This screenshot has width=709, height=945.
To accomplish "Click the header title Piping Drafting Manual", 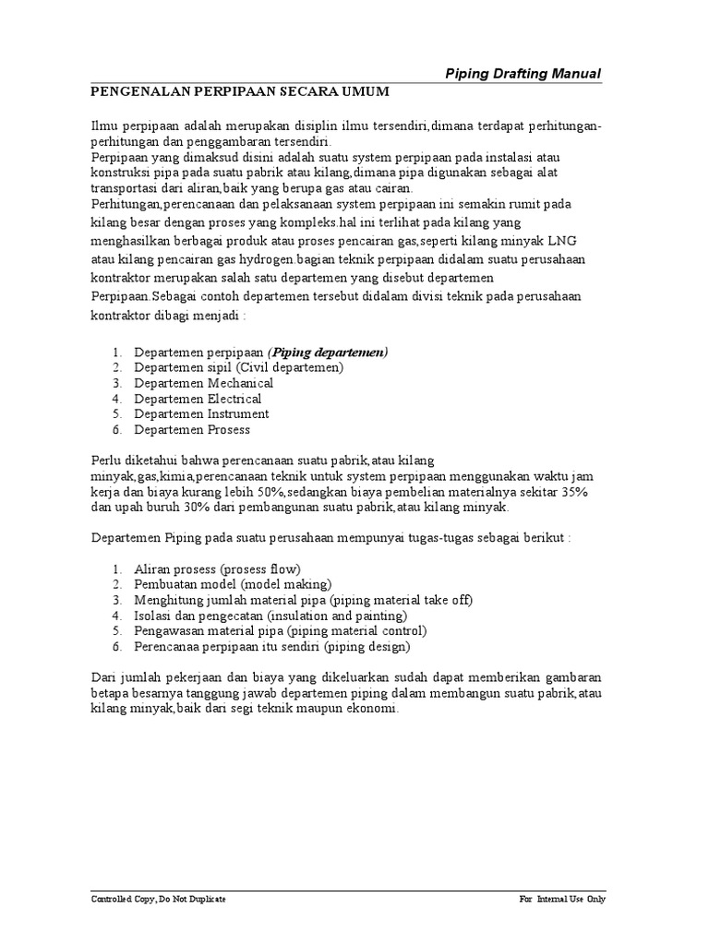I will click(x=523, y=74).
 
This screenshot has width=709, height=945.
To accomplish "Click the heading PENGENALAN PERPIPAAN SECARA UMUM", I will click(x=239, y=92).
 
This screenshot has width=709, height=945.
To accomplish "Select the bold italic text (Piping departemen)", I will click(x=328, y=352).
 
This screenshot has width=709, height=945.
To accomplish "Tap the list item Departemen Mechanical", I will click(x=204, y=383).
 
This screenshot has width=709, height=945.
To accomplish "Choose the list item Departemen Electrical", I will click(x=198, y=399).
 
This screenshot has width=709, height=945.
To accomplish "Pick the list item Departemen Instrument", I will click(x=201, y=414).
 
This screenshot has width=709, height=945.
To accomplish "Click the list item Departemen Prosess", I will click(x=192, y=430).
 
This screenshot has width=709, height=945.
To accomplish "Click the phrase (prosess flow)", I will click(x=256, y=568).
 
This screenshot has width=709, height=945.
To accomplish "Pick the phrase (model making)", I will click(x=286, y=584).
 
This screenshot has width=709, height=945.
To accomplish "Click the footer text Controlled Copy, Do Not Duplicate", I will click(x=158, y=899).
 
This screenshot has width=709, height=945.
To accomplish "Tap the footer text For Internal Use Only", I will click(x=563, y=899).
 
